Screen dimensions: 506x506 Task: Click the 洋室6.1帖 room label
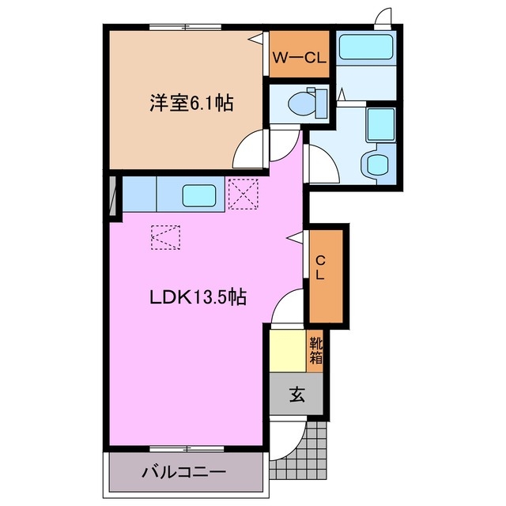coord(192,104)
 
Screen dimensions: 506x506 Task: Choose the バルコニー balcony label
coord(184,472)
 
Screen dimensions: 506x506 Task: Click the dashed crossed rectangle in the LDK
coord(166,236)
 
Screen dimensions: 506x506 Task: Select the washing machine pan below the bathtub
coord(380,124)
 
